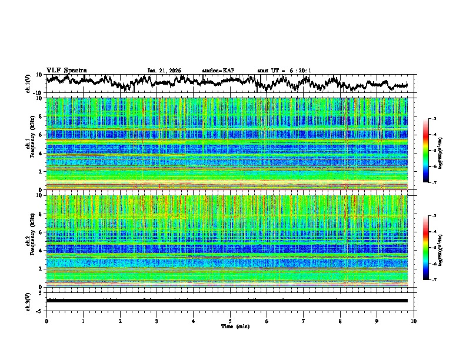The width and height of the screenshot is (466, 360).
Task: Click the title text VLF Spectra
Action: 66,70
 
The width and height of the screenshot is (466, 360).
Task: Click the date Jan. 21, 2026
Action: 164,71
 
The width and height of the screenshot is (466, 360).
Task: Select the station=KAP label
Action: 218,71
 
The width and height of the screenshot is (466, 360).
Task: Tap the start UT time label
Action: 284,71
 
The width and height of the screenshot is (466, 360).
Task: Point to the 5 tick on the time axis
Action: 230,321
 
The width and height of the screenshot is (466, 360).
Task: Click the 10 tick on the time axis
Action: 414,321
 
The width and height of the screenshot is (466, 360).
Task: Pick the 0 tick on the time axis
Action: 46,321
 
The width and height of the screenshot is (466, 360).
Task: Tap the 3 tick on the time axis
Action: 157,321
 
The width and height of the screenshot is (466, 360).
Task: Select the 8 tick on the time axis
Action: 340,321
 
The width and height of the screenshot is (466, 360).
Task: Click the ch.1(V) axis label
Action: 28,84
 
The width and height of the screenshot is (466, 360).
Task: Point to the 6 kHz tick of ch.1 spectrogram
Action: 40,135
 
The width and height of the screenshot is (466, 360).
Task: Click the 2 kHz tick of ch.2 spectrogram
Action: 40,268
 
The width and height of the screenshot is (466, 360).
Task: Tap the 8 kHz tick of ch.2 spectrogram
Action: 40,214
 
